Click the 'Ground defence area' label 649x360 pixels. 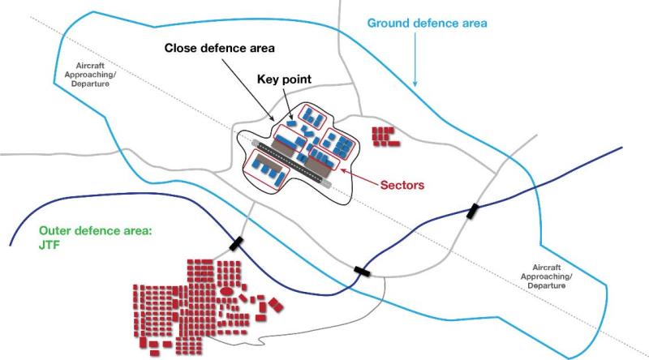427,23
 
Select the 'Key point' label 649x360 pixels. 285,79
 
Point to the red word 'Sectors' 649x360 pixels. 402,184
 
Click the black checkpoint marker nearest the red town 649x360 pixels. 236,242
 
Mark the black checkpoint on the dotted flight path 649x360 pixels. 363,271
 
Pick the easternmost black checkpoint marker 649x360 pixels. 472,212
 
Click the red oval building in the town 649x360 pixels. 228,289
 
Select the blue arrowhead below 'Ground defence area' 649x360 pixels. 415,84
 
